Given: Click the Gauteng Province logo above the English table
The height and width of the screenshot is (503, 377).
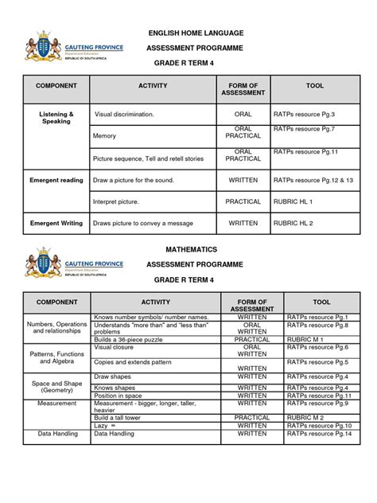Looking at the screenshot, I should click(x=76, y=52).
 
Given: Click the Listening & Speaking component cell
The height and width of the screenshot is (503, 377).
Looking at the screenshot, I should click(x=56, y=118).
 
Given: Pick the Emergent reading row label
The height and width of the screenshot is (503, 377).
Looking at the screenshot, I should click(x=56, y=181).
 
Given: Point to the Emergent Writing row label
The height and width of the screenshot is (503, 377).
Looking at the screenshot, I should click(x=56, y=224).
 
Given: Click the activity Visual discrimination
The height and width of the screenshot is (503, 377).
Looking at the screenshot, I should click(x=125, y=115).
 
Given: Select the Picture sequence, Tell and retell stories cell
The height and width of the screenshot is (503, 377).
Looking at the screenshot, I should click(x=149, y=159).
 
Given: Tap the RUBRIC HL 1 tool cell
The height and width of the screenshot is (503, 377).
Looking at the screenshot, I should click(x=293, y=202).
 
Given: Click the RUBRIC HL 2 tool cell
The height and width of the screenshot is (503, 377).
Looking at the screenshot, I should click(x=293, y=224).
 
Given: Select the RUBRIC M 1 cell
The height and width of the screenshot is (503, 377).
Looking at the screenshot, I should click(x=305, y=339).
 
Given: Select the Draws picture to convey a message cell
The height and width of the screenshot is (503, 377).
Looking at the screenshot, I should click(x=143, y=224).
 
